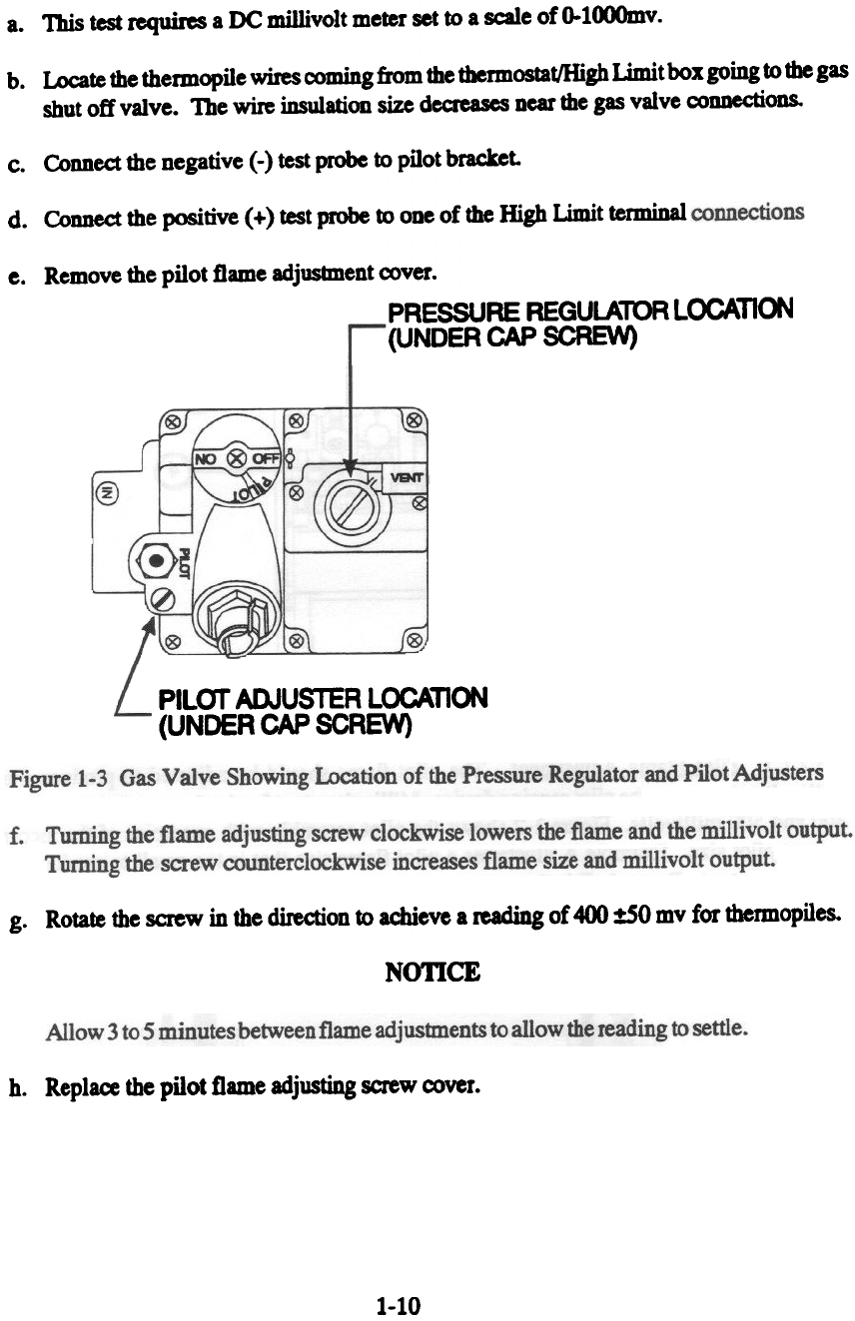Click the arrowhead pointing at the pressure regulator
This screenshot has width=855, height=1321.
click(350, 471)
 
